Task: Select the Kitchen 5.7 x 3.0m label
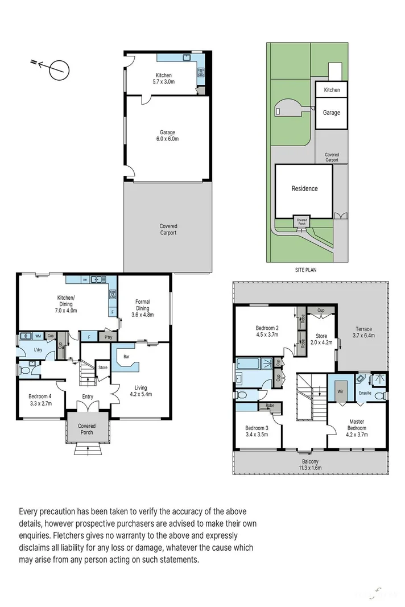(x=163, y=79)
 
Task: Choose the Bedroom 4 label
(x=40, y=399)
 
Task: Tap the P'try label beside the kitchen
(x=108, y=337)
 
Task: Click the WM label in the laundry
(x=39, y=336)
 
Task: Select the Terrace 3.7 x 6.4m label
(x=363, y=333)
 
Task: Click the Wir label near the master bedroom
(x=340, y=391)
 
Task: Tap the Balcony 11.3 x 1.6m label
(x=309, y=464)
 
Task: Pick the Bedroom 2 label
(x=267, y=332)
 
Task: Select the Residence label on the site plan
(x=304, y=188)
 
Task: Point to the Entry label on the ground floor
(x=88, y=397)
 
